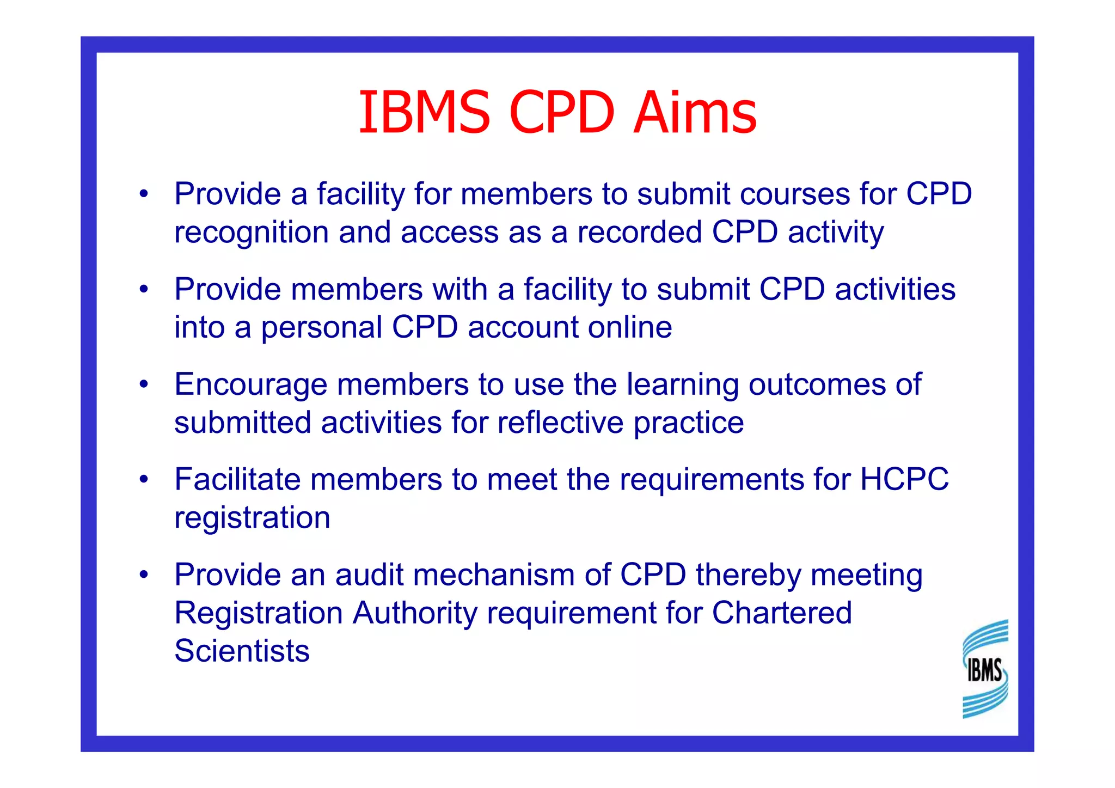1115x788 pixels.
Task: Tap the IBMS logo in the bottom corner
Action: tap(985, 669)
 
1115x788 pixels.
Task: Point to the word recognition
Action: tap(251, 233)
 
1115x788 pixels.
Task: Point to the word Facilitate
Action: tap(237, 479)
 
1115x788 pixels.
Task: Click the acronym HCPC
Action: tap(904, 479)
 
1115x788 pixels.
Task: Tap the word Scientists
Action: tap(242, 651)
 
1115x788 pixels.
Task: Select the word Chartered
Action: tap(782, 613)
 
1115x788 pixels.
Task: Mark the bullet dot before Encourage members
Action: tap(144, 384)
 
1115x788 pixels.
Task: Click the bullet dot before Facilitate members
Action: tap(144, 480)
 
